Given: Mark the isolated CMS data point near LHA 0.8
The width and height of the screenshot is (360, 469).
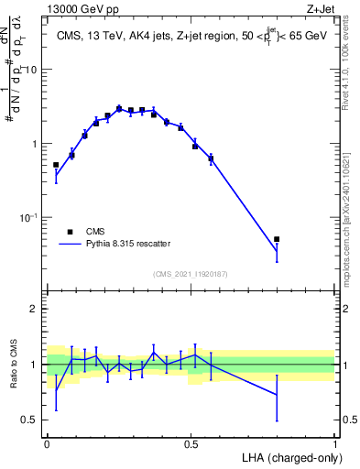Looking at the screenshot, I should point(277,239).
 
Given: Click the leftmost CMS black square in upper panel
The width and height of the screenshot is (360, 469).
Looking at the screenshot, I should point(56,165).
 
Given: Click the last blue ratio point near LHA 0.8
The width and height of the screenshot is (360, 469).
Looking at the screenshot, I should point(277,395).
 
